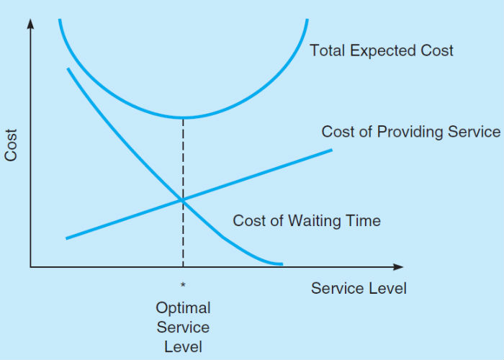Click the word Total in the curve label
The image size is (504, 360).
click(x=328, y=50)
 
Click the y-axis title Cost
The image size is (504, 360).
click(x=11, y=145)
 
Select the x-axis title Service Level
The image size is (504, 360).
click(x=359, y=288)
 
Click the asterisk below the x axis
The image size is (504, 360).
click(x=183, y=284)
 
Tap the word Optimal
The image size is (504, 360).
click(x=183, y=309)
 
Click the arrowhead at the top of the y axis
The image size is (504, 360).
click(x=30, y=23)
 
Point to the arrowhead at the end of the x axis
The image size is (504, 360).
click(x=399, y=267)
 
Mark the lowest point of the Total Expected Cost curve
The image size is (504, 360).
click(x=184, y=117)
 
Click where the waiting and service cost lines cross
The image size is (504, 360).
click(x=183, y=200)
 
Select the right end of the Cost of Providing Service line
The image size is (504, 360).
click(x=332, y=150)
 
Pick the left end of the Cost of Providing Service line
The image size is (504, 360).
click(x=66, y=238)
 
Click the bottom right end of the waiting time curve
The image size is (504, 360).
click(x=282, y=264)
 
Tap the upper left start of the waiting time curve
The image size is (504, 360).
click(x=68, y=69)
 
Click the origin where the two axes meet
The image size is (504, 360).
click(x=30, y=267)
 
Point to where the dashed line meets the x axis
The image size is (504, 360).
click(x=183, y=267)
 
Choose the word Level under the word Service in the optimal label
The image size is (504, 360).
click(x=183, y=347)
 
